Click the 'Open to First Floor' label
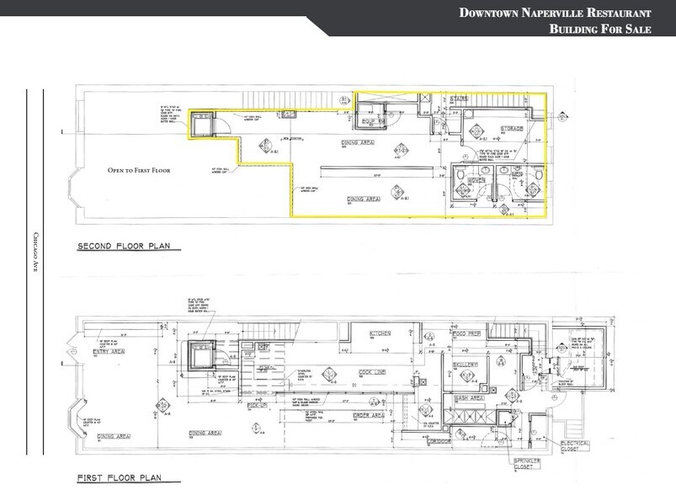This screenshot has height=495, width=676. (139, 170)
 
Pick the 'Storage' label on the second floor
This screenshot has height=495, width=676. (512, 128)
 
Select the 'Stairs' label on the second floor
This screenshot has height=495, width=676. (459, 98)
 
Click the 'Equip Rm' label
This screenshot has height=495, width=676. (373, 121)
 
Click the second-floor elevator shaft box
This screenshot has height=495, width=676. (202, 126)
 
